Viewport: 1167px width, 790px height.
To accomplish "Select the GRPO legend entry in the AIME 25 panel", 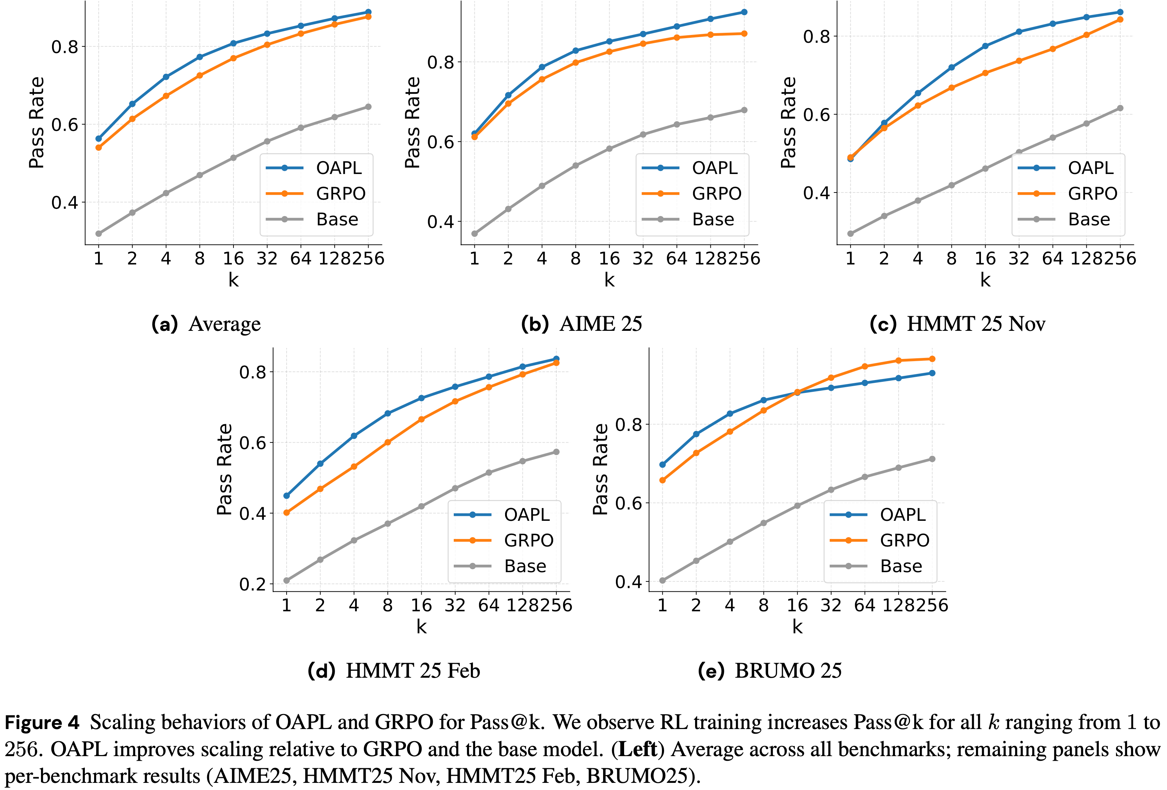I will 716,193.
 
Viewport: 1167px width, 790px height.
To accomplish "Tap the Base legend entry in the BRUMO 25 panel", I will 901,566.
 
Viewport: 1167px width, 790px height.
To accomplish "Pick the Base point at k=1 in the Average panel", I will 98,234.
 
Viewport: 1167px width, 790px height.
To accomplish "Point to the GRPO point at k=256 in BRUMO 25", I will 932,359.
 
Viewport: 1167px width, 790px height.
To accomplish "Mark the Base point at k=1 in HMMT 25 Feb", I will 287,581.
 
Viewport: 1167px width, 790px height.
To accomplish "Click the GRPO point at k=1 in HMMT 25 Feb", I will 287,513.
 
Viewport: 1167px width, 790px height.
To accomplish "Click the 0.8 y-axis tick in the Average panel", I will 65,47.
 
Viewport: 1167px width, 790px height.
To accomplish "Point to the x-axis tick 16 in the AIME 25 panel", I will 609,259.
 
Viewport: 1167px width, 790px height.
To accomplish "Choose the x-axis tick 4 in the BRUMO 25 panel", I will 730,605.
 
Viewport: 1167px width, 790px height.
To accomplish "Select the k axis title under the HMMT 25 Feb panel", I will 421,627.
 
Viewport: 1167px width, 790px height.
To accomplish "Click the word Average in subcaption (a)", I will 225,324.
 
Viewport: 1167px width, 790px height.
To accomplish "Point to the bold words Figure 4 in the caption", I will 42,723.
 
